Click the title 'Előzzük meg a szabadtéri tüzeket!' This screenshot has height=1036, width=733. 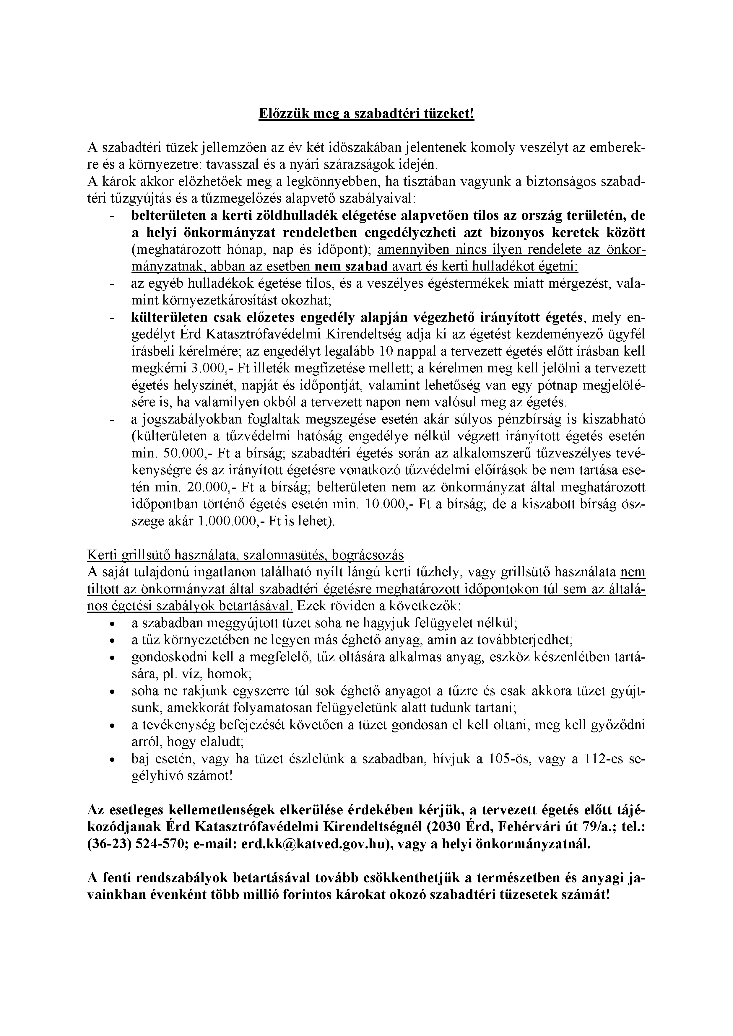pos(366,113)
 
